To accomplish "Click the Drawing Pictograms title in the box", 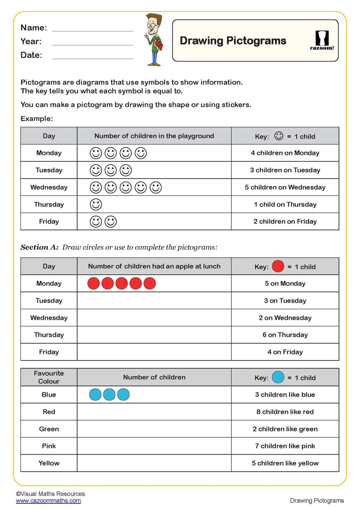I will click(233, 41).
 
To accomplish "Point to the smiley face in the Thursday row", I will click(96, 204).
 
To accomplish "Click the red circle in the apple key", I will click(278, 266).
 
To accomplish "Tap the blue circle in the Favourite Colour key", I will click(278, 377).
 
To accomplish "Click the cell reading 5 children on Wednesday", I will click(285, 187).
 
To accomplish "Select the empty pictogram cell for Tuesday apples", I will click(154, 301).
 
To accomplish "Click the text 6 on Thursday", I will click(285, 335).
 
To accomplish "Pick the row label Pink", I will click(49, 446).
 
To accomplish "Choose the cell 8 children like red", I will click(285, 412).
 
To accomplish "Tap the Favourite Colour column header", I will click(49, 377).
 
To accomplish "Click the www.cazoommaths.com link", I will click(48, 501).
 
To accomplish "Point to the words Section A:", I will click(39, 247).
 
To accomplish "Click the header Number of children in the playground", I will click(154, 136).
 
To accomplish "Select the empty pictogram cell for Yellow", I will click(154, 463).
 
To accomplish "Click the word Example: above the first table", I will click(37, 119).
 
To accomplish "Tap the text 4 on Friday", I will click(285, 352).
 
